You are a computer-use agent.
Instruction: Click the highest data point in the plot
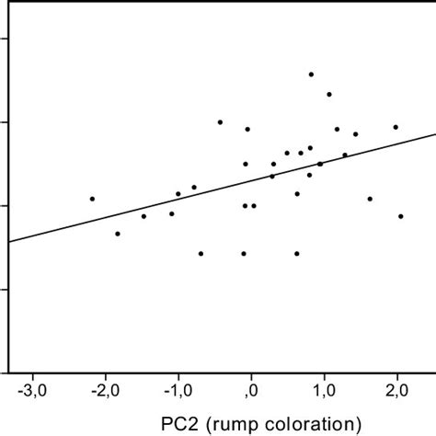pyautogui.click(x=311, y=74)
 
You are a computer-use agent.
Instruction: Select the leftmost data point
pyautogui.click(x=92, y=199)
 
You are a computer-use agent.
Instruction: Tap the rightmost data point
pyautogui.click(x=401, y=216)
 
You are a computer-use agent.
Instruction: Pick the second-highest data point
pyautogui.click(x=328, y=94)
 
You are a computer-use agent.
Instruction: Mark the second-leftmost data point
pyautogui.click(x=117, y=234)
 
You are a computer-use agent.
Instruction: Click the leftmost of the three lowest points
pyautogui.click(x=201, y=253)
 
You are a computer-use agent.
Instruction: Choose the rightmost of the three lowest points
pyautogui.click(x=297, y=253)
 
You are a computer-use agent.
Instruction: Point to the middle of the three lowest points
pyautogui.click(x=244, y=253)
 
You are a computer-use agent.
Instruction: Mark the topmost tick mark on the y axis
pyautogui.click(x=5, y=38)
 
